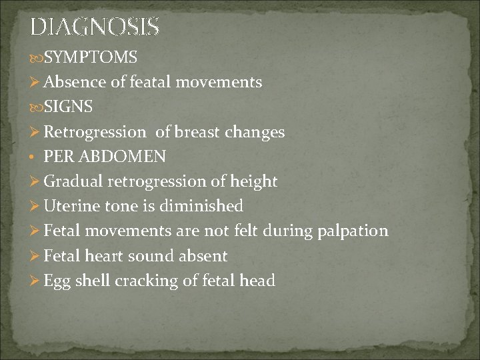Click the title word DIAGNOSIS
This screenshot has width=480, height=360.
pyautogui.click(x=95, y=27)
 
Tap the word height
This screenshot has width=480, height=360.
pyautogui.click(x=254, y=181)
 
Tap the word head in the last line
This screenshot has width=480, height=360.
pyautogui.click(x=258, y=281)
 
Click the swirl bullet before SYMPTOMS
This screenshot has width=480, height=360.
pyautogui.click(x=35, y=58)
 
